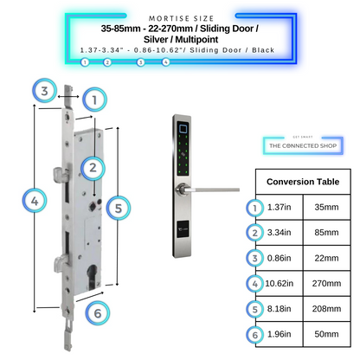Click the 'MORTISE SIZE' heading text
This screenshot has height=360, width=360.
coord(179,16)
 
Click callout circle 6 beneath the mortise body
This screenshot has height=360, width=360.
coord(99,312)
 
